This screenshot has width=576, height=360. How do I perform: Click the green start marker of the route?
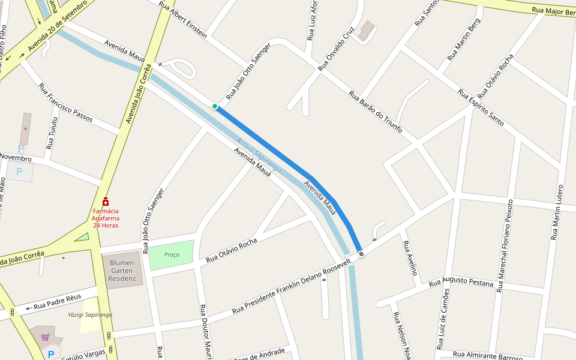point(215,106)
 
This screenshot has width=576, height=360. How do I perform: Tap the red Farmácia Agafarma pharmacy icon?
point(106,202)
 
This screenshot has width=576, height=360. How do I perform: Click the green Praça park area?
point(172,254)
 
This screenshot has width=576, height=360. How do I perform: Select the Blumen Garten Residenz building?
point(123,270)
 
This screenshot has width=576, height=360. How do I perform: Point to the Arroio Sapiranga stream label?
point(259,155)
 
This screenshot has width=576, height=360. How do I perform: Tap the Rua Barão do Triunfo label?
point(376,112)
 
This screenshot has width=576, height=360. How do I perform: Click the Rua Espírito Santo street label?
point(481,107)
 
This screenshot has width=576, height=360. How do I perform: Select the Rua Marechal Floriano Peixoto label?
point(504,245)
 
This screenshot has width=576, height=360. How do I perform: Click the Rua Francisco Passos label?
point(65,103)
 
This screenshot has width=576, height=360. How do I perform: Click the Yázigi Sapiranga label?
point(90,314)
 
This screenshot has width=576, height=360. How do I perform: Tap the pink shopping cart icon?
point(45,337)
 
